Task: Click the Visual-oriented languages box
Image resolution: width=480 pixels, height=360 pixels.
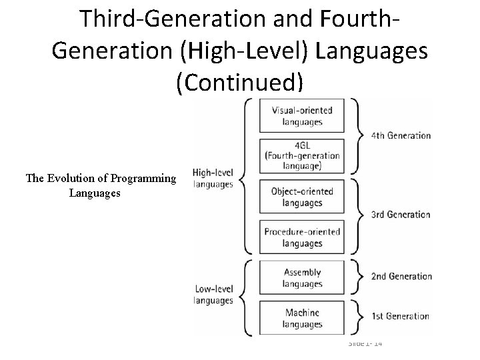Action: pyautogui.click(x=302, y=115)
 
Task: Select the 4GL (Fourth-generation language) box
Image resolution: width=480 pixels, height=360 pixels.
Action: pyautogui.click(x=302, y=155)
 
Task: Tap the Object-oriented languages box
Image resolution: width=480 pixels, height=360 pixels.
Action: pyautogui.click(x=302, y=197)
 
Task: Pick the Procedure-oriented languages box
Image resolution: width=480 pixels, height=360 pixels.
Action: pyautogui.click(x=302, y=237)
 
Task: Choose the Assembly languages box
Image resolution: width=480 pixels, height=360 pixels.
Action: pyautogui.click(x=302, y=278)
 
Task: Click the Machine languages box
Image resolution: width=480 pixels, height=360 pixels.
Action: pyautogui.click(x=302, y=318)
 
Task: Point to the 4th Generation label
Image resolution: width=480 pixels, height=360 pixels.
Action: pyautogui.click(x=401, y=135)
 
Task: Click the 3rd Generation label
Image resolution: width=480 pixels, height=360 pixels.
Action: pyautogui.click(x=401, y=215)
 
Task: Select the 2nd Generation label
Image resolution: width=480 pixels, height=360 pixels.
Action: pyautogui.click(x=401, y=276)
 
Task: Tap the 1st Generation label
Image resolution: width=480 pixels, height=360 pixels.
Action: pyautogui.click(x=401, y=316)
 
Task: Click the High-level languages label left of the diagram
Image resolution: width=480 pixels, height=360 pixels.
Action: pyautogui.click(x=213, y=178)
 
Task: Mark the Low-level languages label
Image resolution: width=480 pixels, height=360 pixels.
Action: pyautogui.click(x=213, y=295)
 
